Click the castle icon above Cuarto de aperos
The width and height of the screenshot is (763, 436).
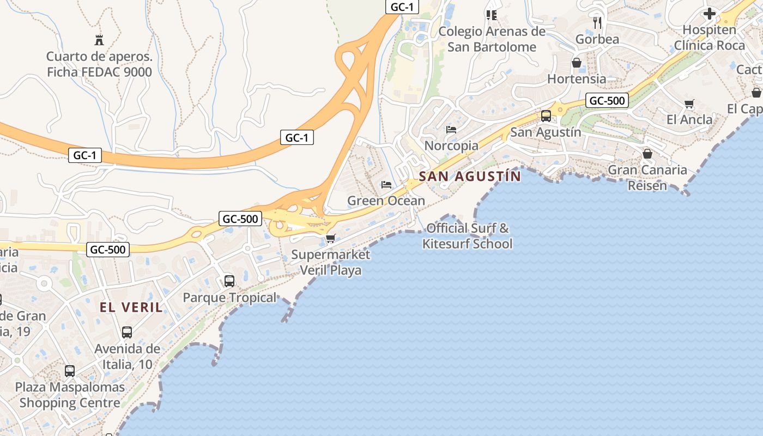[x=99, y=40]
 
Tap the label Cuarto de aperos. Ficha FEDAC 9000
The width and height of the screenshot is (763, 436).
[x=99, y=64]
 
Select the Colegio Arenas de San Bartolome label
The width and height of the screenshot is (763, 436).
[x=492, y=39]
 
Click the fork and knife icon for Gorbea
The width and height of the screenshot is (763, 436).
[x=597, y=22]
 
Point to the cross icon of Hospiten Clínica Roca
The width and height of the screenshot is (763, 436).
[x=709, y=13]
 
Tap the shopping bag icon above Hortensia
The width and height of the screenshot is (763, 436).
[x=577, y=63]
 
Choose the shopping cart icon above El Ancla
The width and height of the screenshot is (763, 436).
[x=689, y=104]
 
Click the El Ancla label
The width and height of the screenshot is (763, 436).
[x=689, y=119]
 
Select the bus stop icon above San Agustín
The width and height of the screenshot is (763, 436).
[x=546, y=116]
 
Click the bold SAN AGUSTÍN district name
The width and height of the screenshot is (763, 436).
[x=470, y=177]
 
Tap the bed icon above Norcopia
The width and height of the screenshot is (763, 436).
[x=451, y=130]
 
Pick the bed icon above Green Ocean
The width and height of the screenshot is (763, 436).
[x=386, y=185]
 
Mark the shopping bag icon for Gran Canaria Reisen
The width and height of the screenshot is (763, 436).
[x=647, y=154]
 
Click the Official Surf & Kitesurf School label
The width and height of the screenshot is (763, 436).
[x=468, y=235]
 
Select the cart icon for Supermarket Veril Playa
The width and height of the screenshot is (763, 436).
[x=331, y=238]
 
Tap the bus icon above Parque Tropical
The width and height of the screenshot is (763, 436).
[x=229, y=281]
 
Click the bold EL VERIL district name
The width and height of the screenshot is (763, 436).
[x=131, y=307]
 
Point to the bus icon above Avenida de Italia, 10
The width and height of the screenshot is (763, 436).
[x=127, y=332]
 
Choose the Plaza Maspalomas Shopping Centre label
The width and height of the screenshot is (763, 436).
[x=70, y=395]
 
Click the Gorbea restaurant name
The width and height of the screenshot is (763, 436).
[x=597, y=39]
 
